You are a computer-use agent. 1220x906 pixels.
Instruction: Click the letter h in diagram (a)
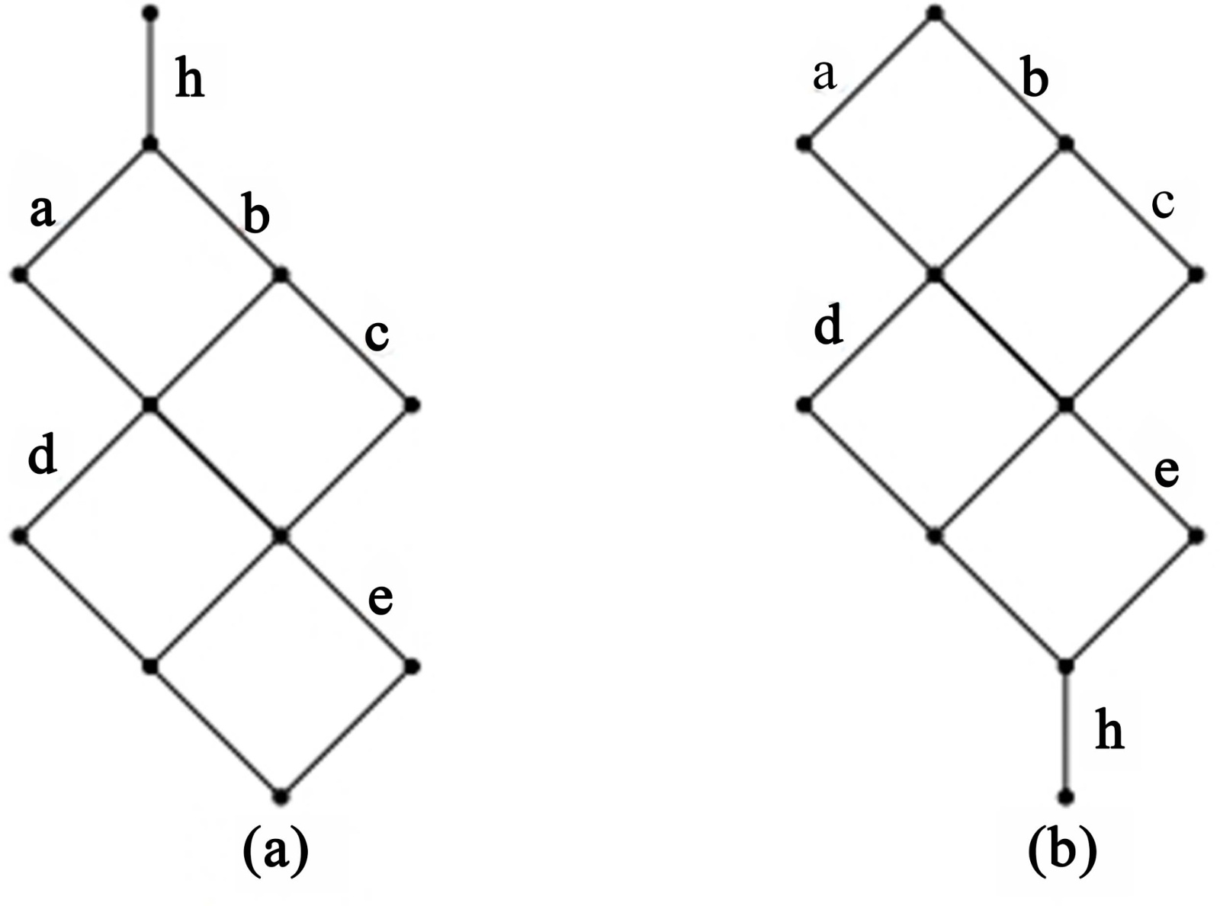click(x=190, y=80)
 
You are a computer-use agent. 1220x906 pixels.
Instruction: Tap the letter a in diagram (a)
click(x=43, y=211)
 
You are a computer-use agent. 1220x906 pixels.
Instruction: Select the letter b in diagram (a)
click(x=256, y=216)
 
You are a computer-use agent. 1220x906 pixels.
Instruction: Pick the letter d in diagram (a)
click(x=42, y=456)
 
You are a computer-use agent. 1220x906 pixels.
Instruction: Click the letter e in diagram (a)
click(x=380, y=598)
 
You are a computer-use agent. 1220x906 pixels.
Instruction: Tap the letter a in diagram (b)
click(x=824, y=75)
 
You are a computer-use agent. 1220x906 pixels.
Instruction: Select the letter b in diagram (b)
click(x=1034, y=78)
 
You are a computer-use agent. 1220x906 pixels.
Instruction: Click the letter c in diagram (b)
click(x=1163, y=203)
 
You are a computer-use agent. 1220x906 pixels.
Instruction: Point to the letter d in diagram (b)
click(x=829, y=327)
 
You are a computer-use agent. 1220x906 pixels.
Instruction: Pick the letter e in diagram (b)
click(x=1167, y=472)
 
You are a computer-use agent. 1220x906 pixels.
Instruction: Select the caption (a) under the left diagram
click(x=275, y=851)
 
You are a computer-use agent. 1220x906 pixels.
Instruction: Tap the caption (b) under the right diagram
click(x=1062, y=851)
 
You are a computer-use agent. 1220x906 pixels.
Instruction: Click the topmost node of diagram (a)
click(x=150, y=13)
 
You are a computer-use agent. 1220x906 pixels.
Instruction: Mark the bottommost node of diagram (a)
click(x=281, y=797)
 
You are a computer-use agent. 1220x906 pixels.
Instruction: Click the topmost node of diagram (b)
click(x=936, y=13)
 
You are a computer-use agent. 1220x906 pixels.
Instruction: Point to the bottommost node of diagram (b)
click(x=1066, y=798)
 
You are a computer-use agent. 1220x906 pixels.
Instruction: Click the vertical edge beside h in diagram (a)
click(x=150, y=78)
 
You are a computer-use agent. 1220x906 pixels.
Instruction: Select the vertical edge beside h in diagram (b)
click(x=1066, y=732)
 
